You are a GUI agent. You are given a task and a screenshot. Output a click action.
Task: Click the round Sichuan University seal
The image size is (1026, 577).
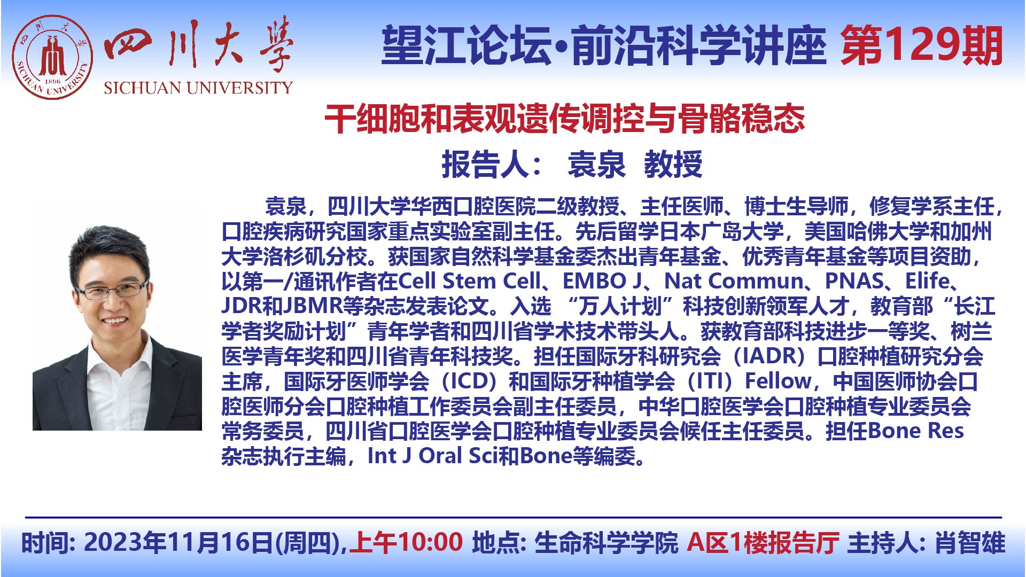tap(52, 57)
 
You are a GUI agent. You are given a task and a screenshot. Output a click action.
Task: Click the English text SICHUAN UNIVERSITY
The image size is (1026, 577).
tap(198, 88)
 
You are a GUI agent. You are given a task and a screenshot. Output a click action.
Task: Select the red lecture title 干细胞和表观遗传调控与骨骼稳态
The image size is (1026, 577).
tap(564, 119)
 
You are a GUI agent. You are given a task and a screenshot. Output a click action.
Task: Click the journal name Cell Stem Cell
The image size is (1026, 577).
tap(469, 281)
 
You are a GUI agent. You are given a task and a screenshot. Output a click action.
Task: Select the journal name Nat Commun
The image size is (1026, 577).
tap(734, 281)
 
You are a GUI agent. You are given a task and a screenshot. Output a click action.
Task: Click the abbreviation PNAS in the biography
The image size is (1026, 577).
tap(854, 281)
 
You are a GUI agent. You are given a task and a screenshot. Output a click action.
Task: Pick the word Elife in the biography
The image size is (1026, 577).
tap(927, 281)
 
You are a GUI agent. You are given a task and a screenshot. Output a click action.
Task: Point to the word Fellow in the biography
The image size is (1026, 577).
tap(778, 381)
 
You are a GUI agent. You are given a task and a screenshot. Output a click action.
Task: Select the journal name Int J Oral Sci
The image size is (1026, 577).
tap(433, 456)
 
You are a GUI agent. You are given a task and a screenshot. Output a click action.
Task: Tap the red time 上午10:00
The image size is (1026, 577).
tap(406, 542)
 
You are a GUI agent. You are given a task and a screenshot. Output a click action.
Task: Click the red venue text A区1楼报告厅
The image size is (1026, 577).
tap(763, 542)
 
